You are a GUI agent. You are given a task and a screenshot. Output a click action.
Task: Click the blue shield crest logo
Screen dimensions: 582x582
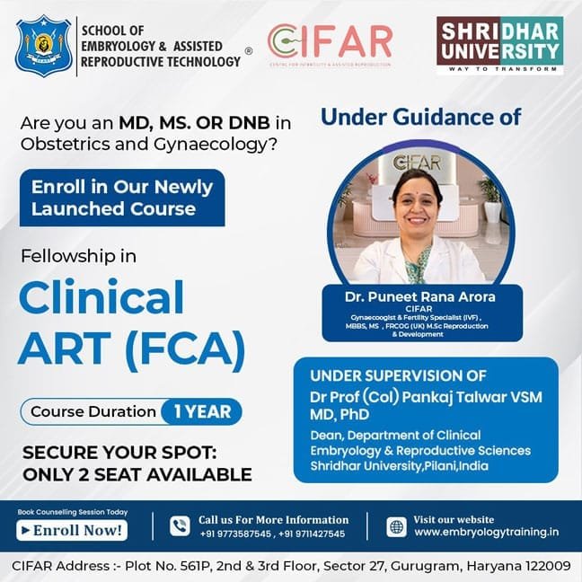pos(43,43)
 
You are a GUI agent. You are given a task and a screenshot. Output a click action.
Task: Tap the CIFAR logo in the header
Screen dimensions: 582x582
pos(331,45)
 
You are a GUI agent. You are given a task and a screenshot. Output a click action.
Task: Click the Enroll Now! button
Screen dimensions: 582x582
pos(72,530)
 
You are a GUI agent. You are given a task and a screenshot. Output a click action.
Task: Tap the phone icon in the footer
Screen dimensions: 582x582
pos(180,526)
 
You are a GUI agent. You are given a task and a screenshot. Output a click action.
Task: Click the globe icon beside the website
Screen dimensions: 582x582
pos(396,526)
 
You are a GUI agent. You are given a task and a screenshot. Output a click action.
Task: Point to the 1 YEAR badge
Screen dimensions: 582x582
pos(202,412)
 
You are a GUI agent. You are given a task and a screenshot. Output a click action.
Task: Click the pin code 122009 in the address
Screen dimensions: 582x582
pos(541,567)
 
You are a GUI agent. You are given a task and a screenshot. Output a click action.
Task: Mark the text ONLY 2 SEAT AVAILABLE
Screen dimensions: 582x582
pos(137,474)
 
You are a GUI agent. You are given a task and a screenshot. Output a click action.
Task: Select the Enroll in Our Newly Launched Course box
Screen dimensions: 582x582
pos(121,198)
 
